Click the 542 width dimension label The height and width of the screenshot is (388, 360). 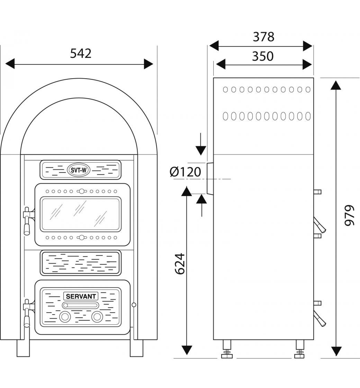pyautogui.click(x=81, y=53)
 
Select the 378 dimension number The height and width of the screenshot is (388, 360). pyautogui.click(x=263, y=36)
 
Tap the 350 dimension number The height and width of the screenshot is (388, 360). pyautogui.click(x=262, y=56)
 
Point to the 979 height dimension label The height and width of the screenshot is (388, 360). pyautogui.click(x=350, y=215)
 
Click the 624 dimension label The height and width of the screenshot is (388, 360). pyautogui.click(x=180, y=264)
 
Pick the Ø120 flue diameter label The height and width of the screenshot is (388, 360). pyautogui.click(x=186, y=172)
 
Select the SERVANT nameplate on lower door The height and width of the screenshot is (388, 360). pyautogui.click(x=81, y=296)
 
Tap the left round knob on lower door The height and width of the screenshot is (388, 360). pyautogui.click(x=65, y=316)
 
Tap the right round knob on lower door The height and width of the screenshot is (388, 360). pyautogui.click(x=97, y=316)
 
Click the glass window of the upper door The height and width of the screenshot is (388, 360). pyautogui.click(x=81, y=214)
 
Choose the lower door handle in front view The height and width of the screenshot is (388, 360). pyautogui.click(x=27, y=314)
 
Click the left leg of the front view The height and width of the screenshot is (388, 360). pyautogui.click(x=23, y=348)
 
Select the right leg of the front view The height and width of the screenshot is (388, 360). pyautogui.click(x=136, y=348)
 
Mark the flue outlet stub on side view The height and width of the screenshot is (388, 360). pyautogui.click(x=210, y=178)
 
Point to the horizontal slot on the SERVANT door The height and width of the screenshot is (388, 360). pyautogui.click(x=81, y=305)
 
